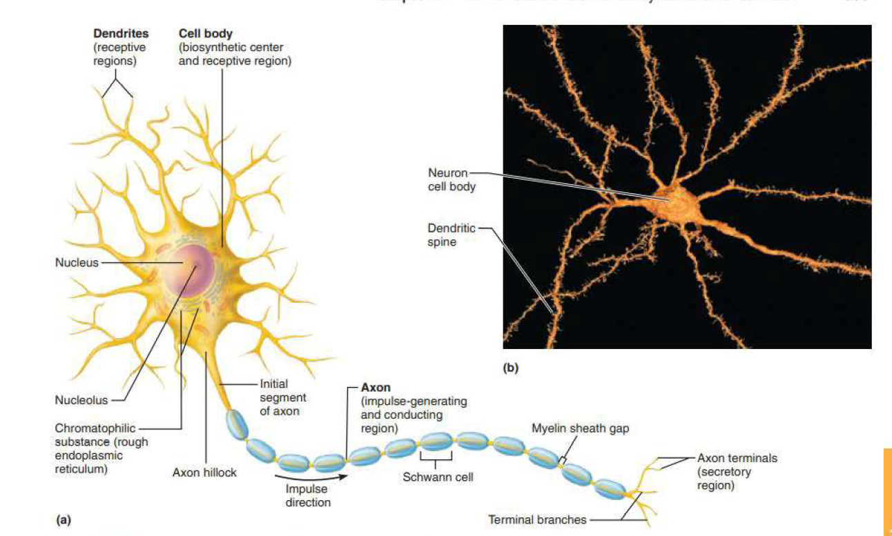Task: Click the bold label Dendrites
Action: pyautogui.click(x=121, y=33)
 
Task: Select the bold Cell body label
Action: pyautogui.click(x=205, y=33)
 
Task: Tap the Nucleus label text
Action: pyautogui.click(x=77, y=262)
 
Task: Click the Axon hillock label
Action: pyautogui.click(x=204, y=473)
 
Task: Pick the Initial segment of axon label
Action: pyautogui.click(x=282, y=397)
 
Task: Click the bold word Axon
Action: pyautogui.click(x=376, y=388)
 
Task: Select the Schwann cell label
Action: pyautogui.click(x=438, y=477)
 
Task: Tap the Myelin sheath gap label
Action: pyautogui.click(x=580, y=428)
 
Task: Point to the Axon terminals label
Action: pyautogui.click(x=737, y=457)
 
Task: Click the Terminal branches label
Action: pyautogui.click(x=537, y=519)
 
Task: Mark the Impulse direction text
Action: pyautogui.click(x=308, y=495)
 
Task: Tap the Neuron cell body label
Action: pyautogui.click(x=452, y=179)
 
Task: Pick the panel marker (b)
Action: pyautogui.click(x=510, y=368)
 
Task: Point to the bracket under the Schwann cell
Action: pyautogui.click(x=437, y=458)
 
